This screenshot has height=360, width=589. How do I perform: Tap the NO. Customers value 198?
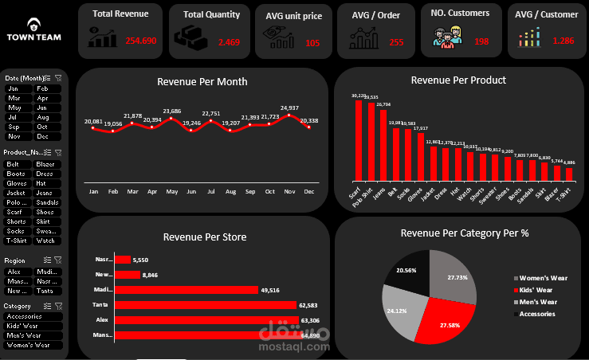point(481,41)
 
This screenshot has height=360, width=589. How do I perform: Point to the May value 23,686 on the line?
point(172,112)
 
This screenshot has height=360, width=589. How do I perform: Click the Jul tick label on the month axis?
point(210,192)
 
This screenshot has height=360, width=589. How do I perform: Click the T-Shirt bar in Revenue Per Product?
point(569,174)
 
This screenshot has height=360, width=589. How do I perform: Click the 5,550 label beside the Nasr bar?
point(140,260)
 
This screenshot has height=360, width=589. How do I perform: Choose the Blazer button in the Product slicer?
point(46,163)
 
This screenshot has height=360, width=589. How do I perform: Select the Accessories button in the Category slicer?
point(31,316)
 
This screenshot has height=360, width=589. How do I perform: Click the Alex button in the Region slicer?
point(17,272)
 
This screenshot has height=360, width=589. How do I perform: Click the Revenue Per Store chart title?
point(204,236)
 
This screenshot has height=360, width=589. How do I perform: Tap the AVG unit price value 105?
point(312,43)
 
